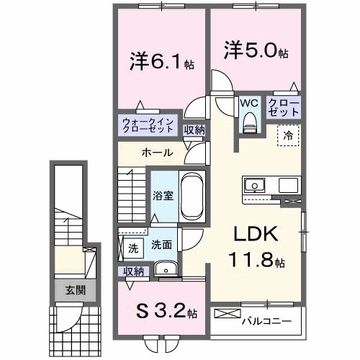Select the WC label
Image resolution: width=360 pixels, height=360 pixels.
pos(249,102)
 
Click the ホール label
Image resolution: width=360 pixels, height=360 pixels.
pos(156,153)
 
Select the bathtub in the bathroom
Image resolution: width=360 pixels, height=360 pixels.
pos(191,195)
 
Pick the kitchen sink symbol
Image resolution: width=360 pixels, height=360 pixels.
pos(255,186)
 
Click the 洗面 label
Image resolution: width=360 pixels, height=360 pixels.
pos(161,245)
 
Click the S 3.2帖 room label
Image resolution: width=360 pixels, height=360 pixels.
pos(163,312)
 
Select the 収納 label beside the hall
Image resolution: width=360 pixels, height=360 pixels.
pos(193,130)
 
